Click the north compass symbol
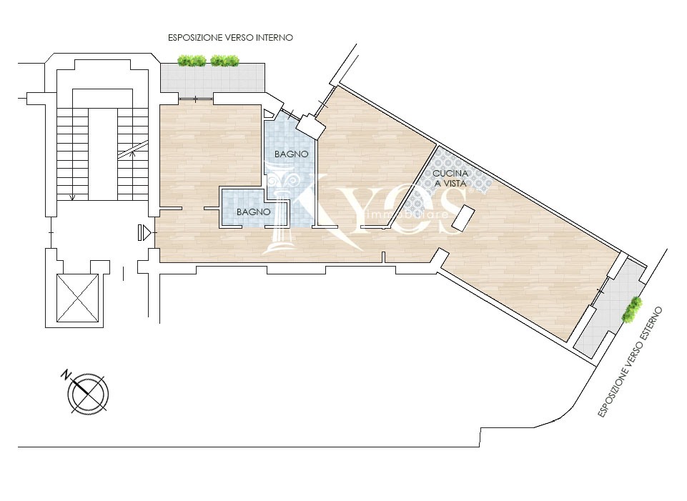(88, 393)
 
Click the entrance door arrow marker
(144, 232)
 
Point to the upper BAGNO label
(292, 154)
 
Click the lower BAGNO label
(253, 212)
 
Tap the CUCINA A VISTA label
(450, 178)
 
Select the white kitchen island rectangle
(463, 218)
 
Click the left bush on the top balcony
(192, 61)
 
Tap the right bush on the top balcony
(224, 61)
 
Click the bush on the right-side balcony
(631, 309)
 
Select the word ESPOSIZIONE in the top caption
(195, 38)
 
